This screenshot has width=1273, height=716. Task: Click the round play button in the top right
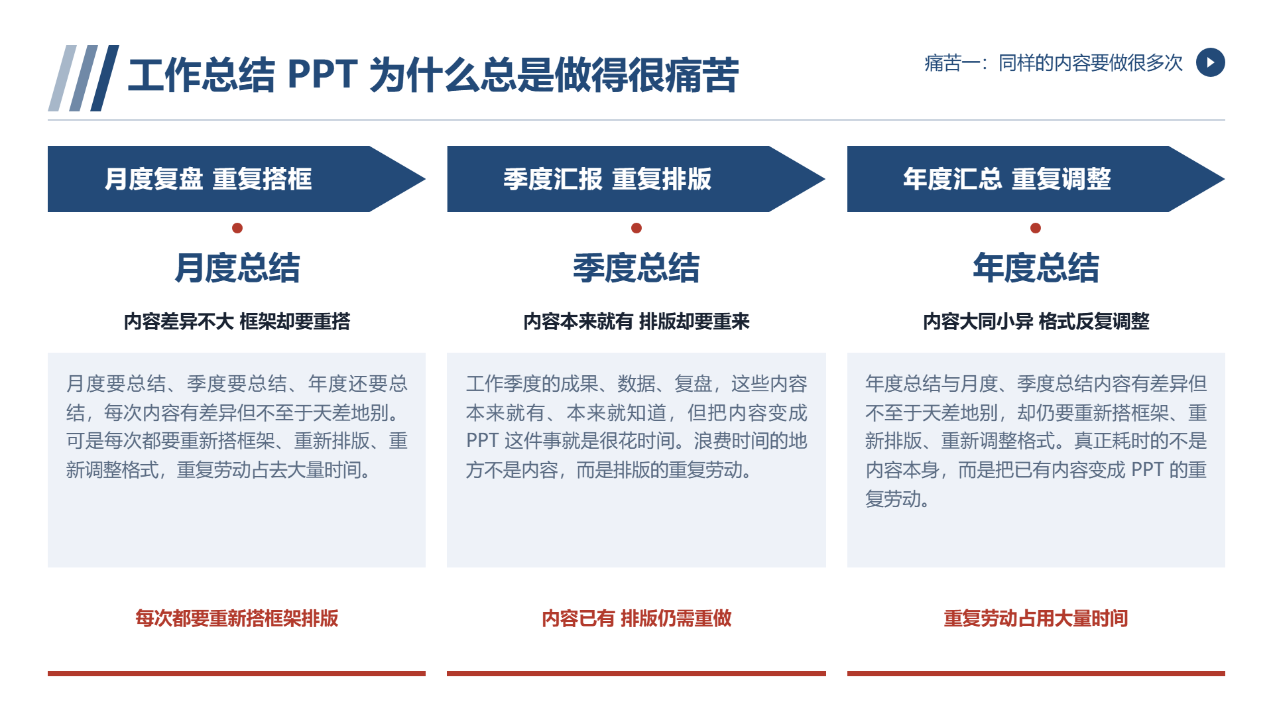point(1210,62)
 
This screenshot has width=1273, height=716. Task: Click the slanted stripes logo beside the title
point(84,78)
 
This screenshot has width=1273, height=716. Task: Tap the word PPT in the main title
point(323,74)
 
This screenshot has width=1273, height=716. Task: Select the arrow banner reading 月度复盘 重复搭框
point(237,179)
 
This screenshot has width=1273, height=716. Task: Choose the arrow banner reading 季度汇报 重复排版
point(636,179)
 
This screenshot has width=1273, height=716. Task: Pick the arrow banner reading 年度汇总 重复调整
point(1036,179)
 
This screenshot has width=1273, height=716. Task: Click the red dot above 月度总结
point(237,228)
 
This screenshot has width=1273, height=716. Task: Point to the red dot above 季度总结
point(636,228)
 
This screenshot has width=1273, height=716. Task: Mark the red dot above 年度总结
point(1036,228)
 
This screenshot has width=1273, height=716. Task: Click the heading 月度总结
point(237,268)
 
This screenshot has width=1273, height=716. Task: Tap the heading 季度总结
point(636,268)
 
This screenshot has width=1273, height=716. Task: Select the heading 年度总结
point(1036,268)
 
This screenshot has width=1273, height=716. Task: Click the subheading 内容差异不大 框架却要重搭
point(237,322)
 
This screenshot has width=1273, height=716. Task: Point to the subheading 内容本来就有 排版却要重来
point(636,322)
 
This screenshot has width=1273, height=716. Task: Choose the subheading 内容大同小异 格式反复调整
point(1036,322)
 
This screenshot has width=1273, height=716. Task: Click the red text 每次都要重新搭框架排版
point(237,619)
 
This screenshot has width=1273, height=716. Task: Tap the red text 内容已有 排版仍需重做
point(636,619)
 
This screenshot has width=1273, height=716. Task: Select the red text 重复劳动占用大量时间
point(1036,619)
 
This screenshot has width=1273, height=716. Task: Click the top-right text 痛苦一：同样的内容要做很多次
point(1054,63)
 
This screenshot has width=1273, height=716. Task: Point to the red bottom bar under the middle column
point(636,674)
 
